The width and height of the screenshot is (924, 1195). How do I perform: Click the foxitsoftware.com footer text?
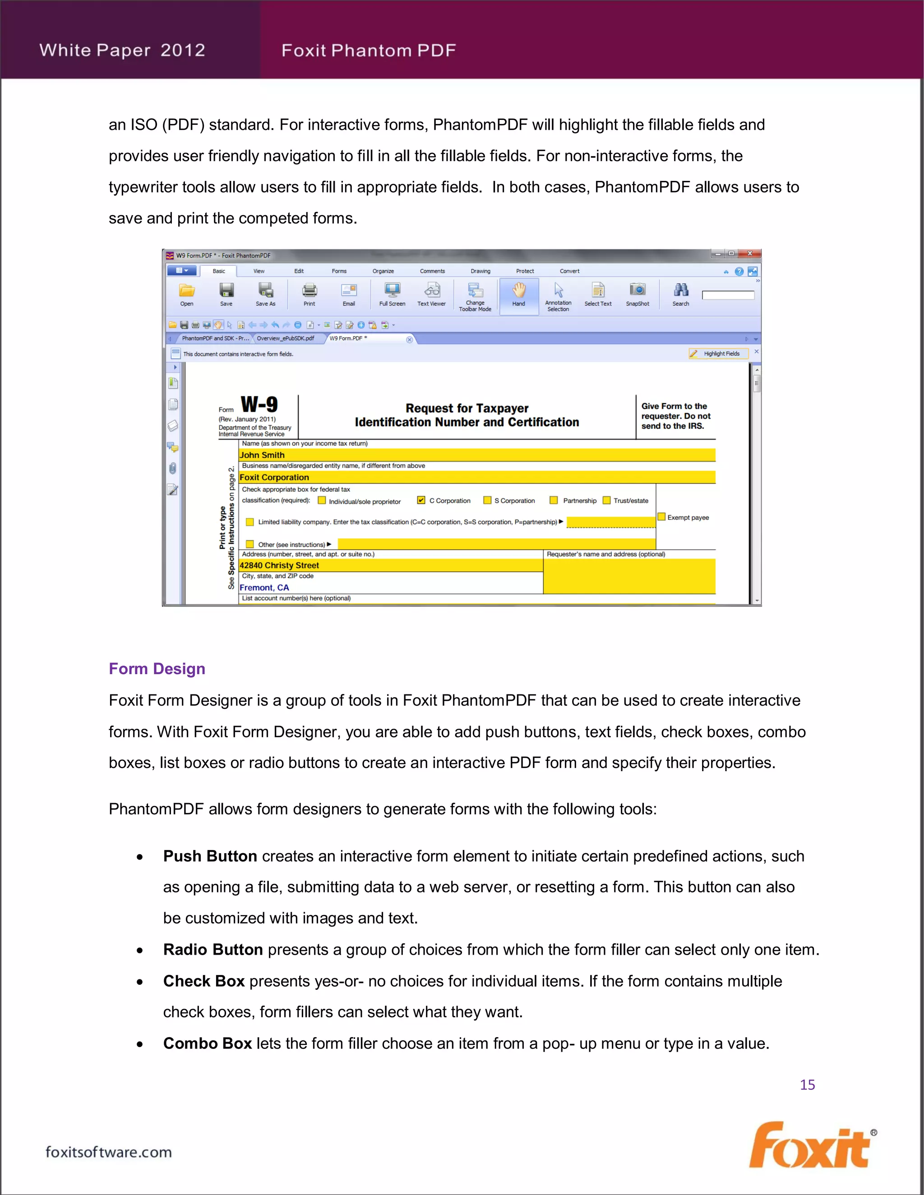tap(108, 1152)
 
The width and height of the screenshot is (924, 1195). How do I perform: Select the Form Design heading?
tap(157, 669)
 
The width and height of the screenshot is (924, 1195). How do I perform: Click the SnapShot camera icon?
tap(637, 290)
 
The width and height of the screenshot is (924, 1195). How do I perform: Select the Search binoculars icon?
tap(680, 290)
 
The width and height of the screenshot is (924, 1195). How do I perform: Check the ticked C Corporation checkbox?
tap(421, 500)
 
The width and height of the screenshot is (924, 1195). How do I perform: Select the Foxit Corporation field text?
tap(274, 477)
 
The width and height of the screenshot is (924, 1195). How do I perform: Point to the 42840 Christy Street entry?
tap(279, 565)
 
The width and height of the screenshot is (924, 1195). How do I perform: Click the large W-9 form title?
tap(259, 405)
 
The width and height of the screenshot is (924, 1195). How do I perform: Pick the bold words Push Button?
tap(210, 856)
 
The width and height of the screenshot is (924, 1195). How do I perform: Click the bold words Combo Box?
tap(207, 1043)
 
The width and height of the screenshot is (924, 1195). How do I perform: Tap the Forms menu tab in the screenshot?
tap(339, 271)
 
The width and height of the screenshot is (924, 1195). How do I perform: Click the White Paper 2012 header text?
tap(122, 51)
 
